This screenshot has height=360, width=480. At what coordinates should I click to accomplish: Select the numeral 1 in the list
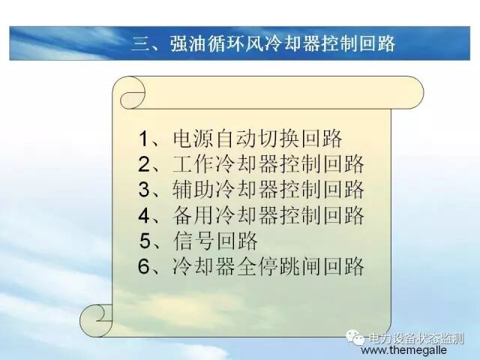coord(145,139)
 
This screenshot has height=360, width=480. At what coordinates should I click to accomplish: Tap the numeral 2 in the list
coord(145,164)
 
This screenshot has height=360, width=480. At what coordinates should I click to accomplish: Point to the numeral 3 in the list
coord(145,189)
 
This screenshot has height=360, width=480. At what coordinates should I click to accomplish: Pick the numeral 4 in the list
coord(145,215)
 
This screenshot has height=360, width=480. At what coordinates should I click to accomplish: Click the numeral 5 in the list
coord(147,241)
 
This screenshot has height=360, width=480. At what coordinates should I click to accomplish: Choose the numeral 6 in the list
coord(145,266)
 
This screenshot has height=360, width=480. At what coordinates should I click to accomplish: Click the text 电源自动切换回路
coord(257,139)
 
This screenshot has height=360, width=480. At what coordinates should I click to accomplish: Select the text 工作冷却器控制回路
coord(268,164)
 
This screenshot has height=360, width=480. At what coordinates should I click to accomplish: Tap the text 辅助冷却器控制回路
coord(268,189)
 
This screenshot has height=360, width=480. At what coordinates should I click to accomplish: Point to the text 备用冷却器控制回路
coord(268,215)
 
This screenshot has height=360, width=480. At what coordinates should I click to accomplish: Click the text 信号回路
coord(214,241)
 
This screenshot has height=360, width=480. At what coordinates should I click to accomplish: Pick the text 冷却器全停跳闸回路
coord(268,266)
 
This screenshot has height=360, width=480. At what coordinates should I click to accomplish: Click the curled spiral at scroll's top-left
coord(131,97)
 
